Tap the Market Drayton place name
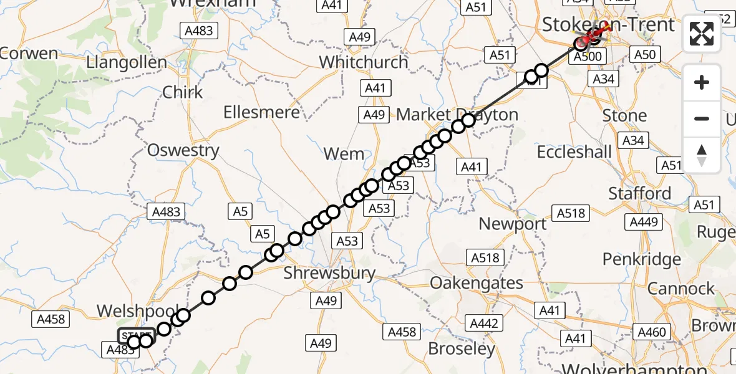[x=457, y=115]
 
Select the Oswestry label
[x=183, y=150]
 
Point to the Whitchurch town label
[x=364, y=62]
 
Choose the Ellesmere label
[x=263, y=113]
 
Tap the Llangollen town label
[x=127, y=63]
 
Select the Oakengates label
[x=477, y=283]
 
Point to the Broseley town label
[x=462, y=349]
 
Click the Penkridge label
[x=642, y=259]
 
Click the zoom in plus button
[x=702, y=82]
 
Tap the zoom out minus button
[x=702, y=118]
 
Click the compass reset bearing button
[x=702, y=155]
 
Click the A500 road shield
[x=587, y=57]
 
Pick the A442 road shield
[x=483, y=324]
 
